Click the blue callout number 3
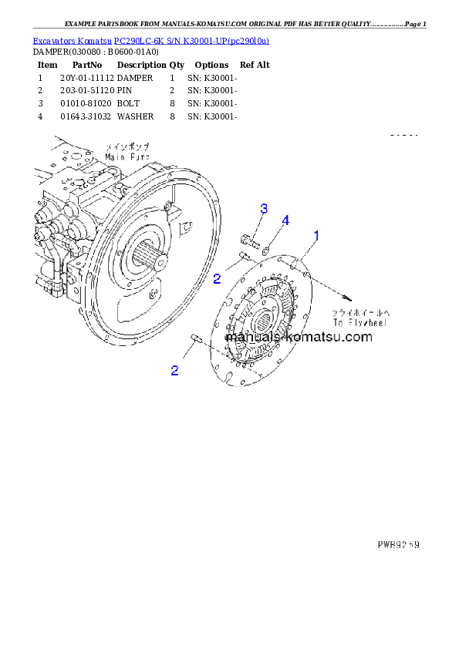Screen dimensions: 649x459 tap(264, 209)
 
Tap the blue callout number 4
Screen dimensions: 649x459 tap(285, 221)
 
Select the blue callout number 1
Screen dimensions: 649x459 tap(316, 234)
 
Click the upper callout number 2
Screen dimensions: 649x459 tap(218, 277)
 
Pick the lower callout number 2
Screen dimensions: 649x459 tap(175, 371)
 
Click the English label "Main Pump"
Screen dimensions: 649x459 tap(128, 155)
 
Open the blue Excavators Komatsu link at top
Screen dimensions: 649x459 tap(150, 40)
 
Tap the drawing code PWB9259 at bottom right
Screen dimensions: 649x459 tap(397, 544)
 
